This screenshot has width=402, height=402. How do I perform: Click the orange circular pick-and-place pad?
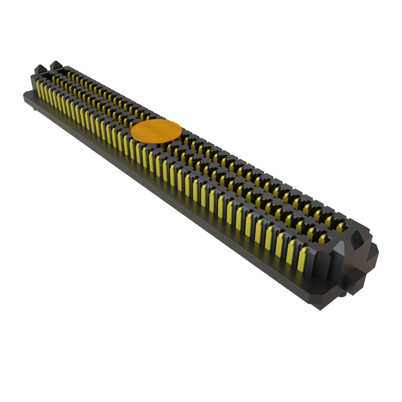coord(156,130)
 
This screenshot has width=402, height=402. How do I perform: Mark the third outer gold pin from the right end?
coord(280,245)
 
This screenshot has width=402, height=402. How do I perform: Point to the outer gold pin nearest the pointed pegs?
coord(38,90)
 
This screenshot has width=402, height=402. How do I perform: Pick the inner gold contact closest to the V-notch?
coord(340,227)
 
